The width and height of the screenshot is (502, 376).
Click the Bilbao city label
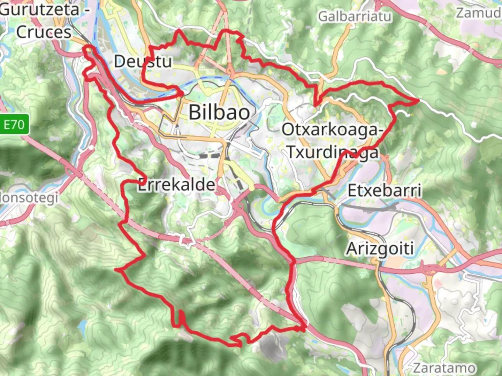tap(219, 112)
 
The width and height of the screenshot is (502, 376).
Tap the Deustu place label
tap(143, 62)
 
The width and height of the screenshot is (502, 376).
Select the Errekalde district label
tap(176, 185)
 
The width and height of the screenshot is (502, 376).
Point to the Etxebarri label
tap(385, 190)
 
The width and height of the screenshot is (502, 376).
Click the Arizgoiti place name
tap(380, 249)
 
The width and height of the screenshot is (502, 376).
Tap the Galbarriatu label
tap(355, 16)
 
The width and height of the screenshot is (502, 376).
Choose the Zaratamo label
tap(444, 368)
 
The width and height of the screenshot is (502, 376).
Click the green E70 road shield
tap(14, 124)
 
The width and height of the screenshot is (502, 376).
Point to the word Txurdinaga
tap(333, 152)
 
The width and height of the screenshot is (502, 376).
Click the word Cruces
tap(44, 32)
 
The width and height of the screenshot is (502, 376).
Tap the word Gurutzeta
tap(40, 9)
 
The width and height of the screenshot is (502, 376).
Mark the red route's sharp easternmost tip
tap(418, 101)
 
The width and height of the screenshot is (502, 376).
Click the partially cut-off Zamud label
tap(479, 13)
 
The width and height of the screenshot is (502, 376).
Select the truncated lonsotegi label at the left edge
tap(29, 198)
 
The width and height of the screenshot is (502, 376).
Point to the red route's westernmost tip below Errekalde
tap(116, 269)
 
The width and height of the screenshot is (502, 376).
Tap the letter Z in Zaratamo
tap(418, 368)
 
